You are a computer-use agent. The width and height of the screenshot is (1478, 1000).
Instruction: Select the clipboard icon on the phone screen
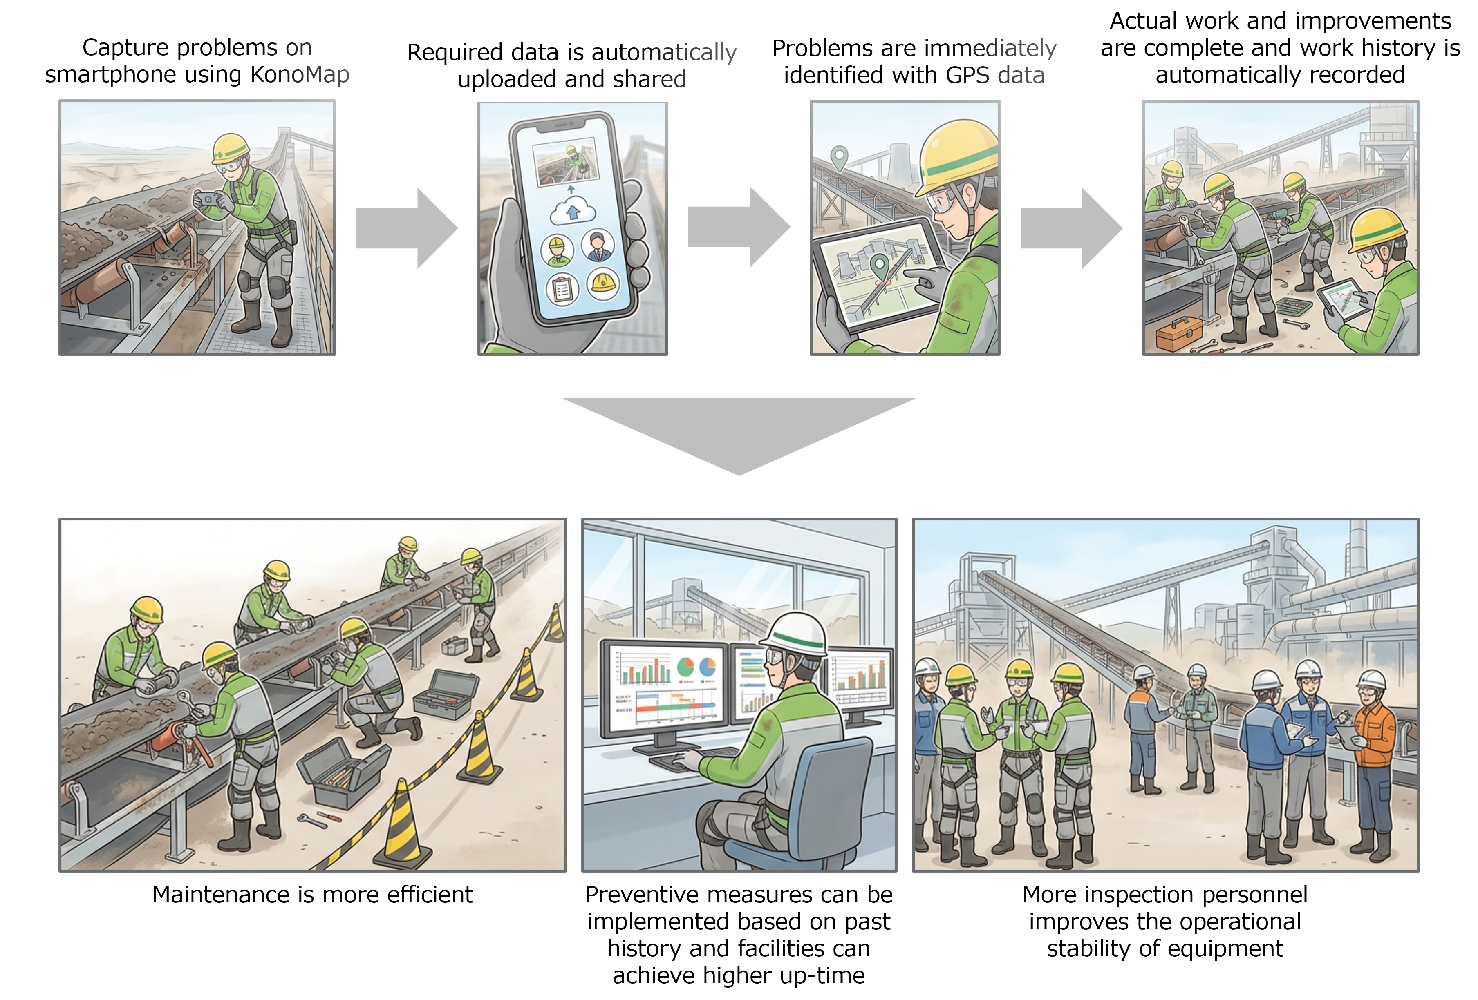tap(562, 290)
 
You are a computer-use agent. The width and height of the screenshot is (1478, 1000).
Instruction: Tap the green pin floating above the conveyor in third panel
tap(840, 156)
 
